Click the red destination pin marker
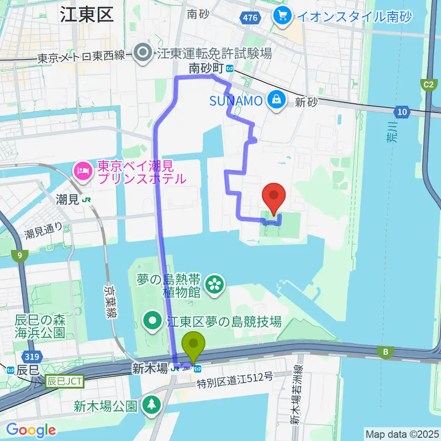pos(274,197)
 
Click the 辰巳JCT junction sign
pos(64,381)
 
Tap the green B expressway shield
pos(385,352)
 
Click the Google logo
pos(31,430)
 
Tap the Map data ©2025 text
pos(401,434)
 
